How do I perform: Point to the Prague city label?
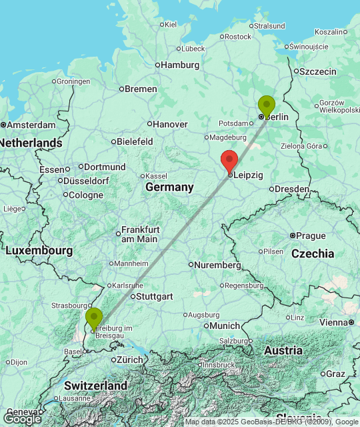[x=311, y=236]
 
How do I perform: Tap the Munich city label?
[x=225, y=326]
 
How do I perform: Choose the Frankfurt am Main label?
[x=139, y=234]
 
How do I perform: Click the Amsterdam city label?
[x=31, y=125]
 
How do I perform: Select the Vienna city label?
[x=333, y=322]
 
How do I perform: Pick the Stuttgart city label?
[x=155, y=296]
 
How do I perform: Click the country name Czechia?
[x=313, y=254]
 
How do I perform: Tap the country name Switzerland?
[x=96, y=386]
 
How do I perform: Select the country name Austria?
[x=283, y=350]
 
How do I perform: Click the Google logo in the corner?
[x=21, y=419]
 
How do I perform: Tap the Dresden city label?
[x=292, y=189]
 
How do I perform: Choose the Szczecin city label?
[x=318, y=71]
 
